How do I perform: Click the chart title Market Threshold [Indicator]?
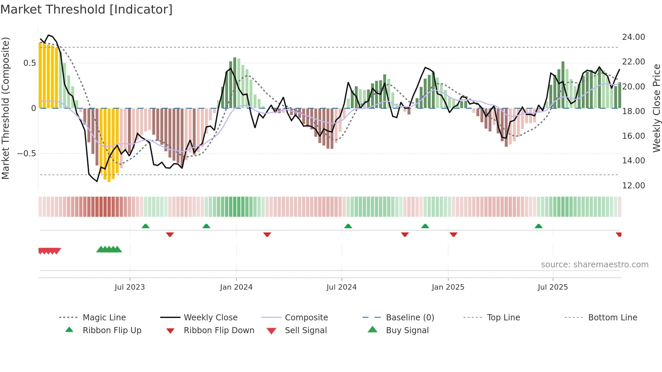coord(86,9)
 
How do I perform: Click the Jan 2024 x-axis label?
coord(236,287)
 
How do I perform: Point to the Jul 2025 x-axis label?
coord(553,287)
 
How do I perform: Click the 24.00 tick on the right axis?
coord(633,37)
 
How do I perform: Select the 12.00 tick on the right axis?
coord(633,185)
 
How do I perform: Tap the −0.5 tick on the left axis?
coord(26,153)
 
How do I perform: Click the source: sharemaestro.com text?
coord(594,264)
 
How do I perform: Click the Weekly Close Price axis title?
coord(656,108)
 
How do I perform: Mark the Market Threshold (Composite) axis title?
coord(5,108)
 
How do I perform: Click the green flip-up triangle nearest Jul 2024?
coord(348,226)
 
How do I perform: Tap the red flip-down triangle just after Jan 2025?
coord(454,234)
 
